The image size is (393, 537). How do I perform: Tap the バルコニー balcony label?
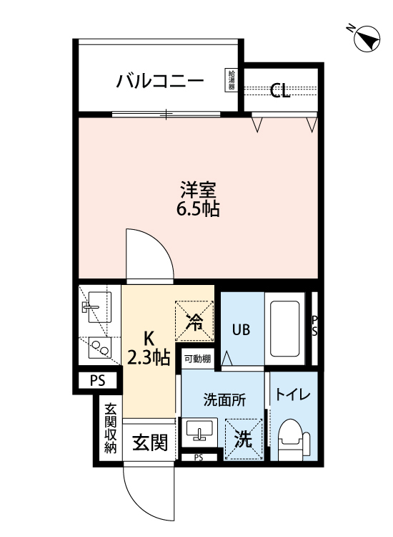click(x=160, y=80)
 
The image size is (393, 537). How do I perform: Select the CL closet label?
click(x=280, y=91)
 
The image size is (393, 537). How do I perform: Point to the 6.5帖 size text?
click(x=197, y=211)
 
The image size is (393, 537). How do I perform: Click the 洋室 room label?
click(x=197, y=190)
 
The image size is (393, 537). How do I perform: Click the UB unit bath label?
click(x=239, y=330)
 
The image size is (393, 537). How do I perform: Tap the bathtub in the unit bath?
click(x=284, y=329)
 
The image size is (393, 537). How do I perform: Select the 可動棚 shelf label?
click(x=196, y=359)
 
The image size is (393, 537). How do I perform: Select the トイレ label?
click(x=292, y=395)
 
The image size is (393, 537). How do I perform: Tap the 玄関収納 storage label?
click(x=111, y=429)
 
